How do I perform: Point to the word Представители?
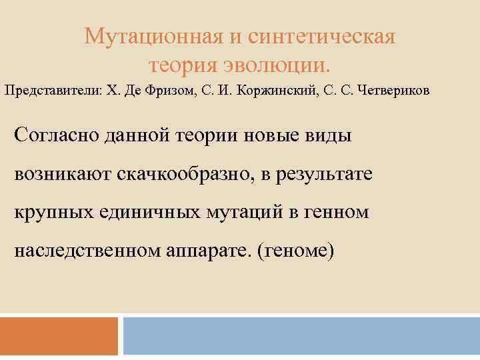point(51,91)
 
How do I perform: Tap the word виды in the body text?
point(326,135)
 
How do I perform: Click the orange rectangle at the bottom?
point(59,336)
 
